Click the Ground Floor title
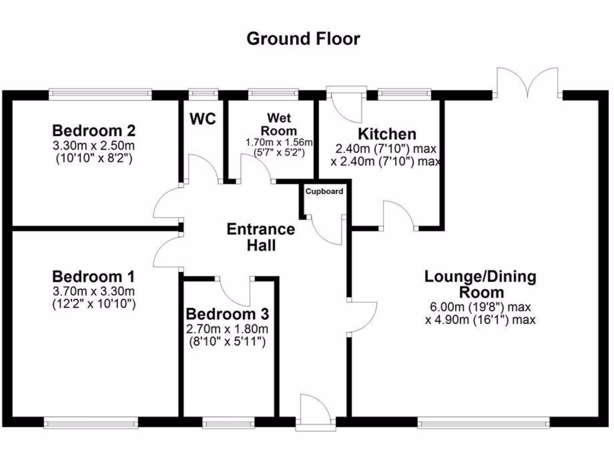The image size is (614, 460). pyautogui.click(x=303, y=40)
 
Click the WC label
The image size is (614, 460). pyautogui.click(x=203, y=119)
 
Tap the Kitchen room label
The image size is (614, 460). pyautogui.click(x=387, y=134)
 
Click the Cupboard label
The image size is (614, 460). pyautogui.click(x=324, y=192)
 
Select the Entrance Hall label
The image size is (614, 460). pyautogui.click(x=261, y=237)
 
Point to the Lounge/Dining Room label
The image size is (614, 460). pyautogui.click(x=480, y=285)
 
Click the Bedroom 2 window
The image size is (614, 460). pyautogui.click(x=100, y=93)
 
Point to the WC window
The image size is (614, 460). pyautogui.click(x=203, y=93)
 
